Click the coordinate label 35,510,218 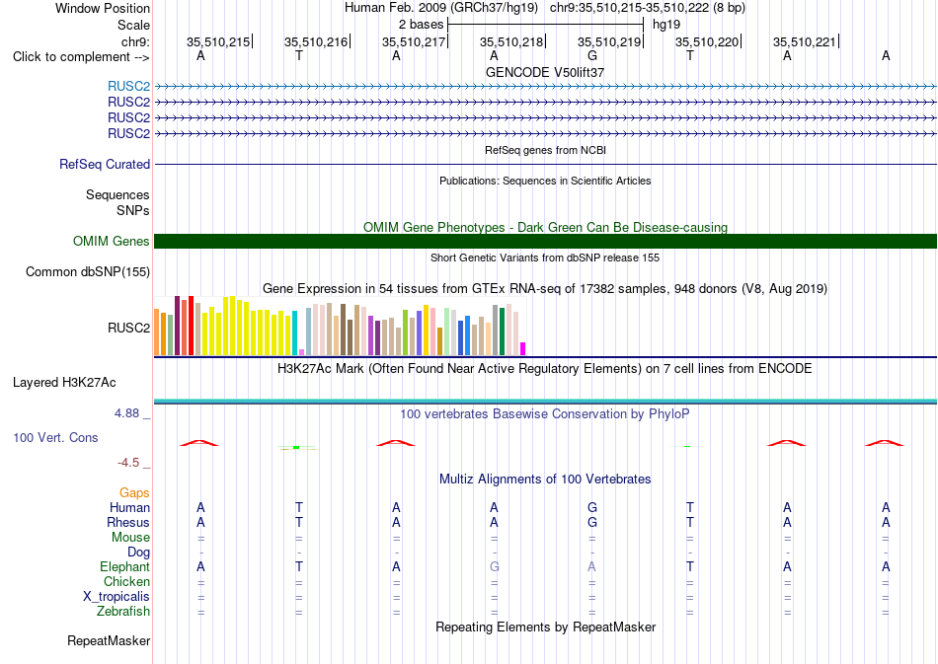point(511,41)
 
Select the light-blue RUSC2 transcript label point(128,87)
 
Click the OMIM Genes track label point(112,241)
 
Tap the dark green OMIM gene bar point(545,241)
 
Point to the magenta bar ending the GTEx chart point(523,349)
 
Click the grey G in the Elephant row point(494,566)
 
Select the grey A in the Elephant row point(591,566)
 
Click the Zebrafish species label point(123,612)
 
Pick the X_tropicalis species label point(117,597)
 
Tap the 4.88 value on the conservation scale point(126,413)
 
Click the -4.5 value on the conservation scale point(128,463)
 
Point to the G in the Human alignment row point(592,507)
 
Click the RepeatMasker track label point(109,640)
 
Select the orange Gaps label point(134,492)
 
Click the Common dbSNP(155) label point(88,272)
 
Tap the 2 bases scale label point(422,25)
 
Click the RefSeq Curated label point(105,165)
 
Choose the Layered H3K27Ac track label point(64,383)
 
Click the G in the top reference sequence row point(592,55)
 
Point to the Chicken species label point(126,581)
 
